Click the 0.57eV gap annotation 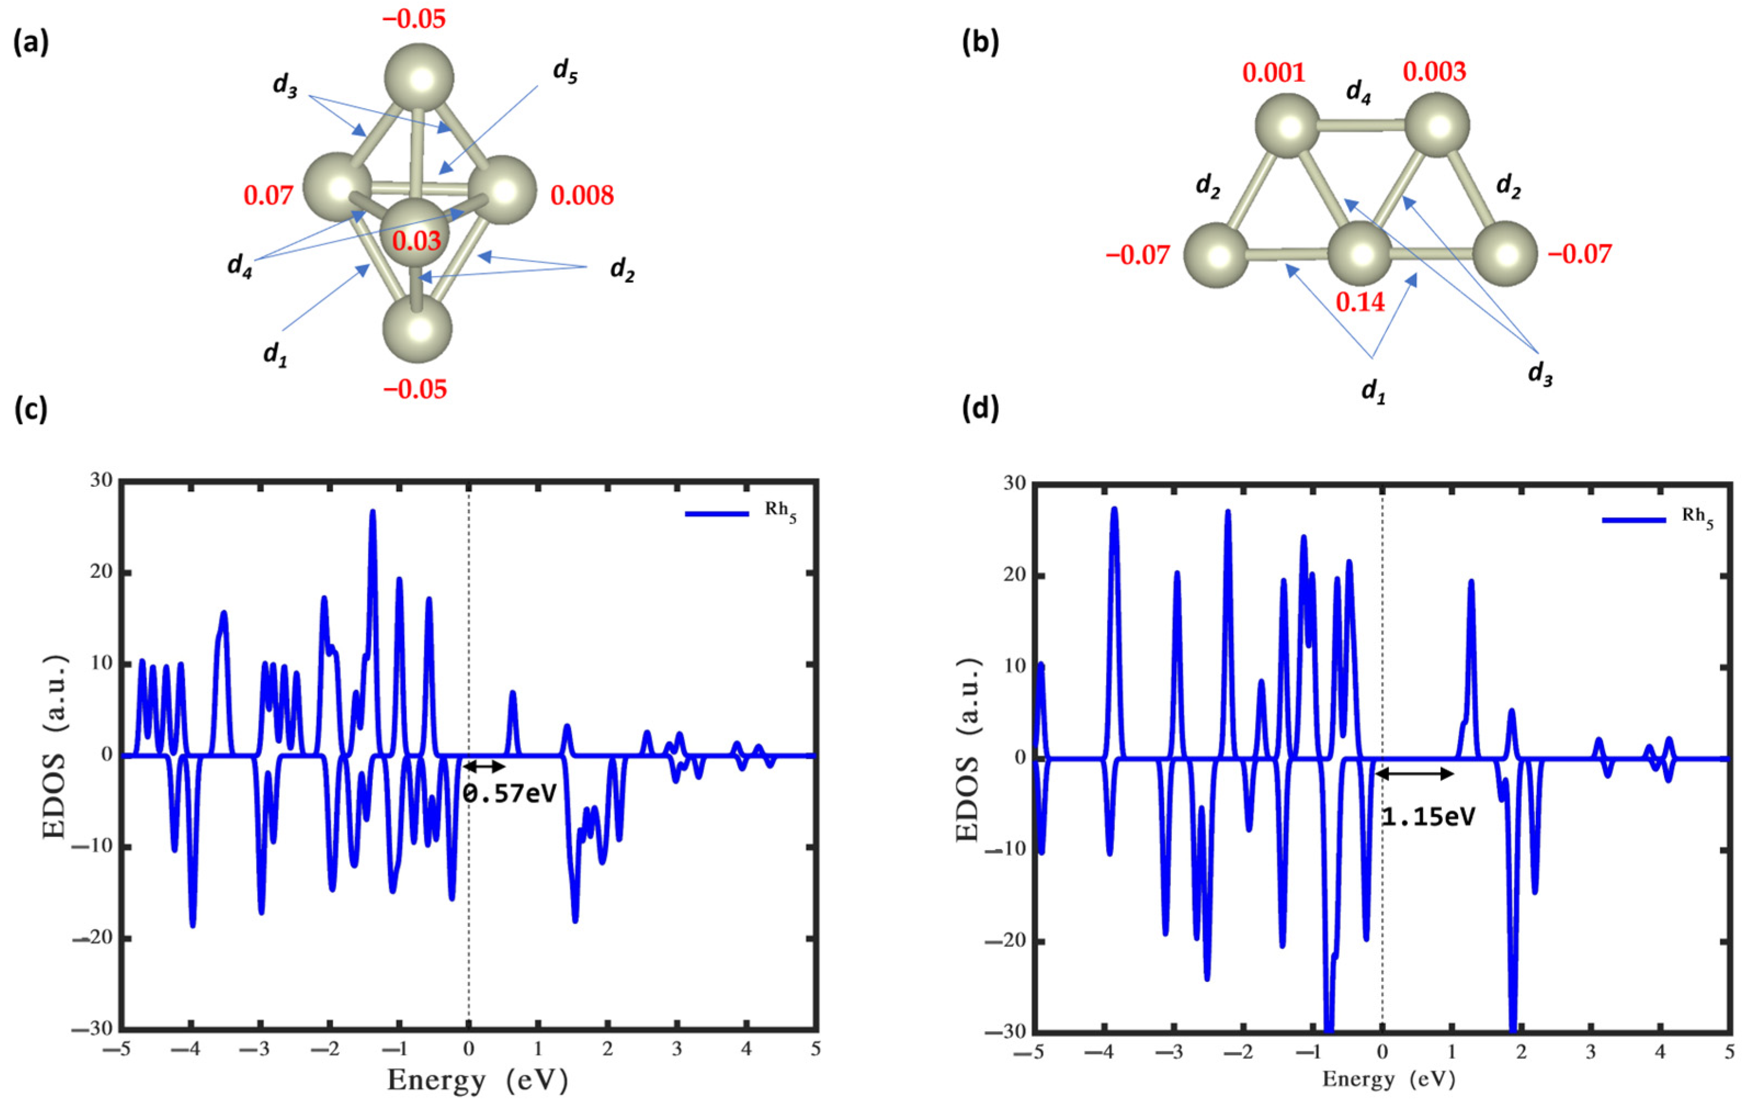[509, 793]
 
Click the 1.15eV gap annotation [1428, 817]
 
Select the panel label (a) [31, 43]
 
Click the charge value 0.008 [582, 195]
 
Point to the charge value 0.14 [1361, 302]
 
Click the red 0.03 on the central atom [417, 241]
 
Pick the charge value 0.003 [1433, 71]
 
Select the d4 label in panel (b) [1359, 92]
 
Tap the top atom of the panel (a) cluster [419, 77]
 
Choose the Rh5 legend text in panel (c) [780, 511]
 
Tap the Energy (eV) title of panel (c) [477, 1080]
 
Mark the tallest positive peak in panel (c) [373, 513]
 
